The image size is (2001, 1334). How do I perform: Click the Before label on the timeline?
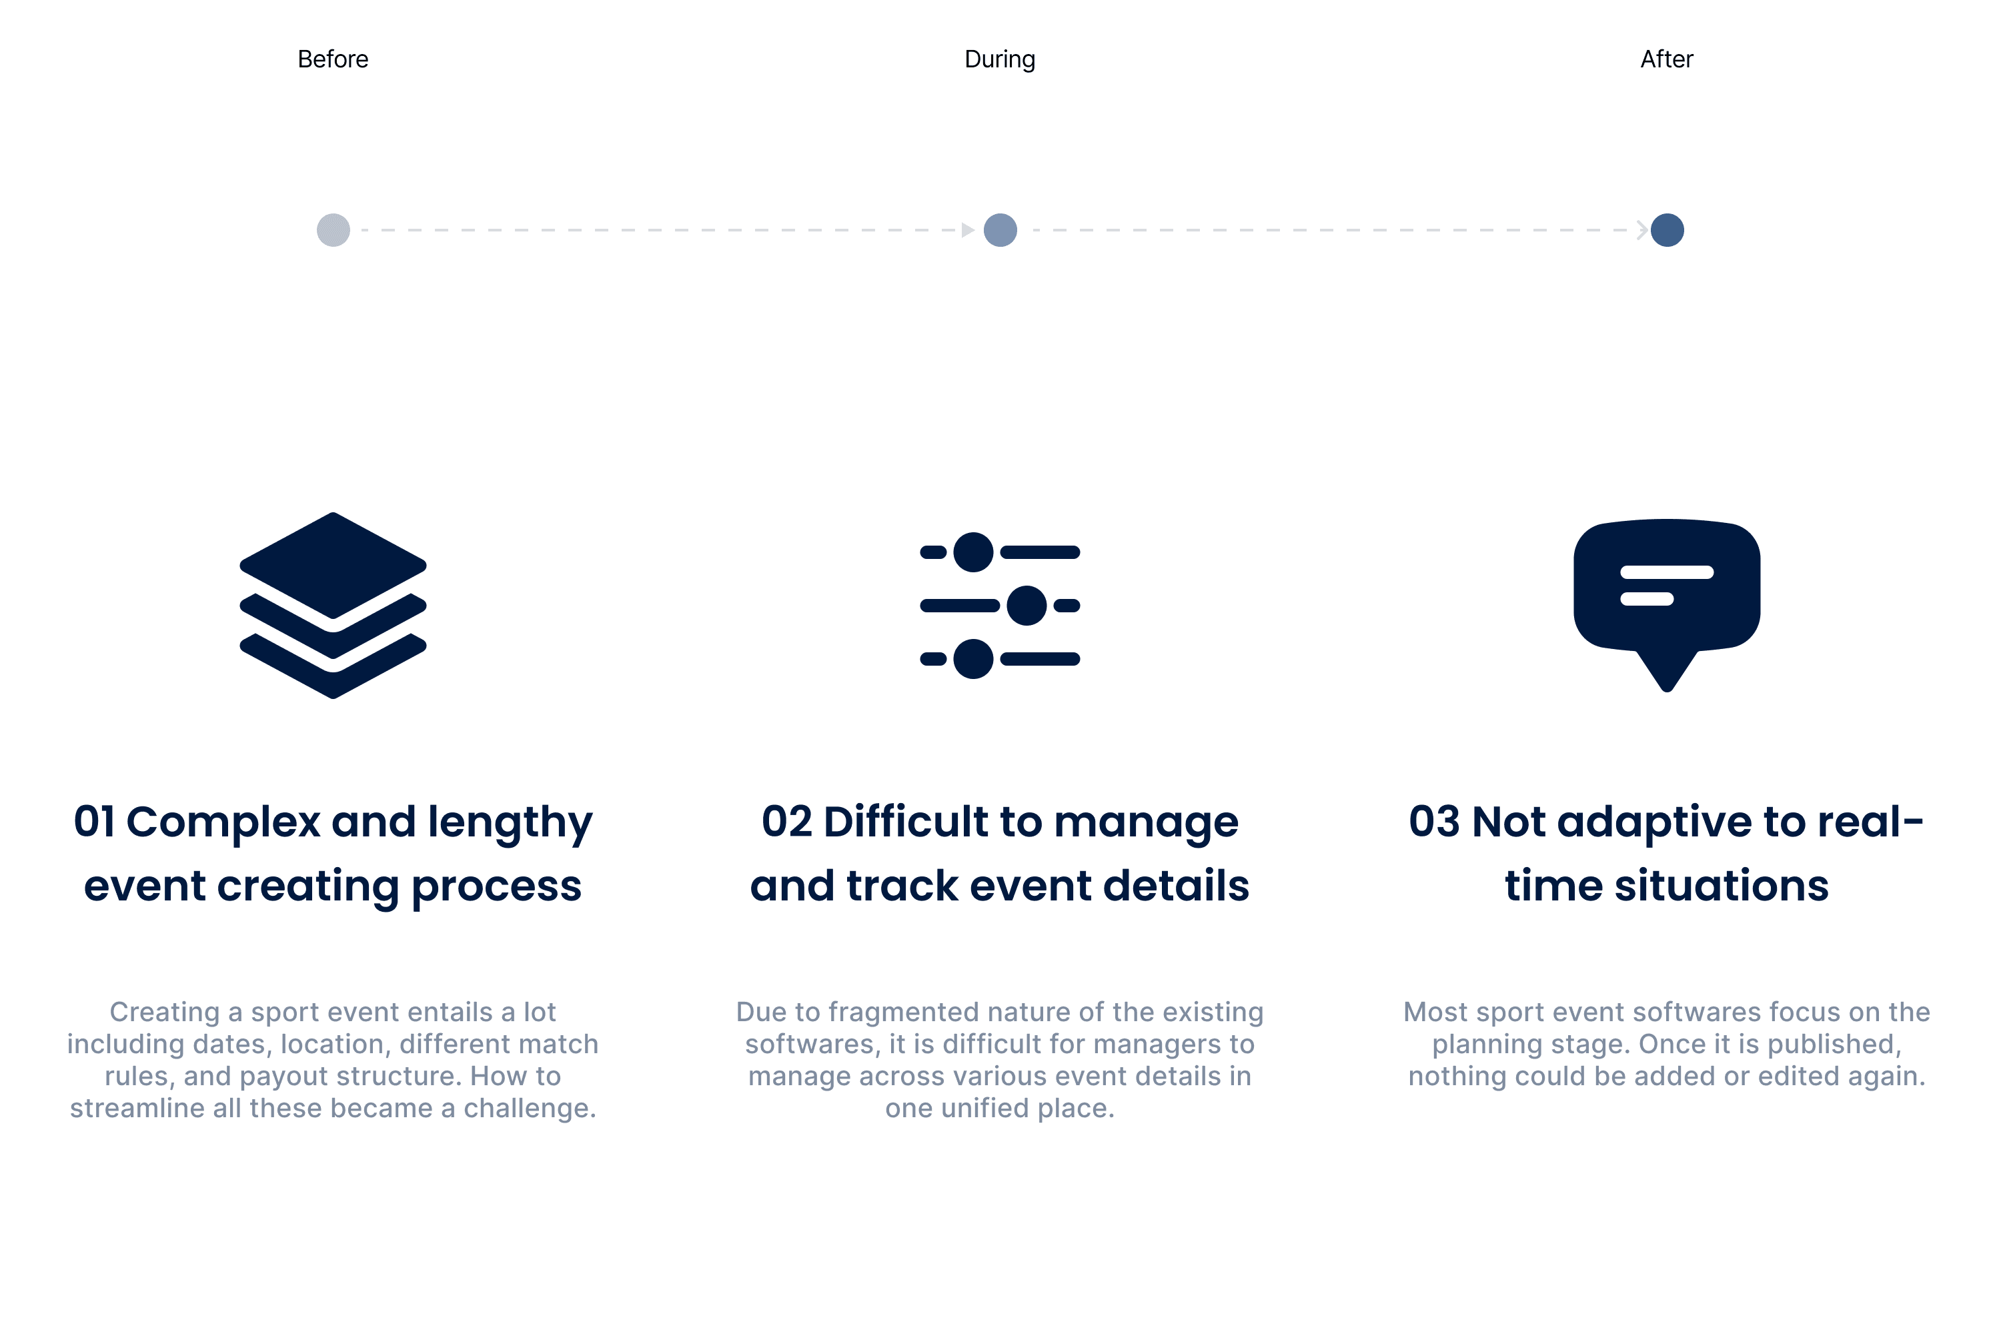click(333, 59)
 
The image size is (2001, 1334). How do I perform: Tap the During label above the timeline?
click(1000, 59)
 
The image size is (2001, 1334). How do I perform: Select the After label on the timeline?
click(1667, 59)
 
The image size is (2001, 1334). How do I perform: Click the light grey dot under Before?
click(333, 229)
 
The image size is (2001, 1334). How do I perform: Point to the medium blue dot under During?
click(1000, 229)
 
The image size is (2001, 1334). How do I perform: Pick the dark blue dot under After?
click(1667, 229)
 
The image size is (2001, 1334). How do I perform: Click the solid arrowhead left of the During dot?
click(967, 229)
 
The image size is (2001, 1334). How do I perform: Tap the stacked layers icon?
click(333, 606)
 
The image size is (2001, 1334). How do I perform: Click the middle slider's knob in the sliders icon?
click(1027, 606)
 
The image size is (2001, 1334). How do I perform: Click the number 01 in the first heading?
click(95, 822)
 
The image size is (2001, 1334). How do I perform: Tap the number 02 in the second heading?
click(787, 822)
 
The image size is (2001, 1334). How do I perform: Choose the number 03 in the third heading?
click(1435, 822)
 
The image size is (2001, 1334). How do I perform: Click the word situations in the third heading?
click(1722, 886)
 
